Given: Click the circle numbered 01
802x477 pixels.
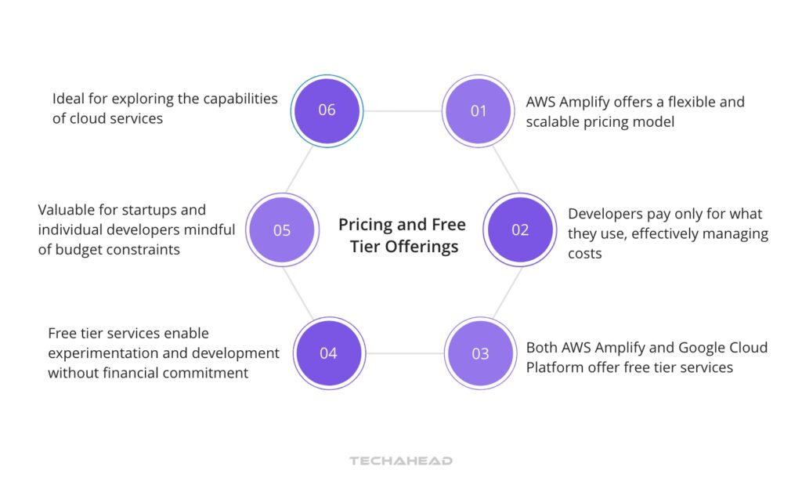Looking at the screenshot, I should [x=479, y=111].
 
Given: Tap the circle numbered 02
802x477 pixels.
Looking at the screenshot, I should [x=520, y=230].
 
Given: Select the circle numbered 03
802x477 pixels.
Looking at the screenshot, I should [x=480, y=353].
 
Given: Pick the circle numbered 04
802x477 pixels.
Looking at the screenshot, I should [x=328, y=353].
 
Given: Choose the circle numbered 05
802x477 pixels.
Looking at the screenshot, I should [x=282, y=230].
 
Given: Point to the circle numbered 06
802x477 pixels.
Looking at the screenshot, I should [x=327, y=110].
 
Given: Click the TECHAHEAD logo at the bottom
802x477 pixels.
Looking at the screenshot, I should [x=401, y=461].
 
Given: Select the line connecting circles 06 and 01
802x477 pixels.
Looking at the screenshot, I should [x=403, y=111].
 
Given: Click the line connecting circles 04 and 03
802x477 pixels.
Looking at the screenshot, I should [x=404, y=353].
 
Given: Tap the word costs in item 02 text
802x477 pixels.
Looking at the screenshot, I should [x=585, y=254].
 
